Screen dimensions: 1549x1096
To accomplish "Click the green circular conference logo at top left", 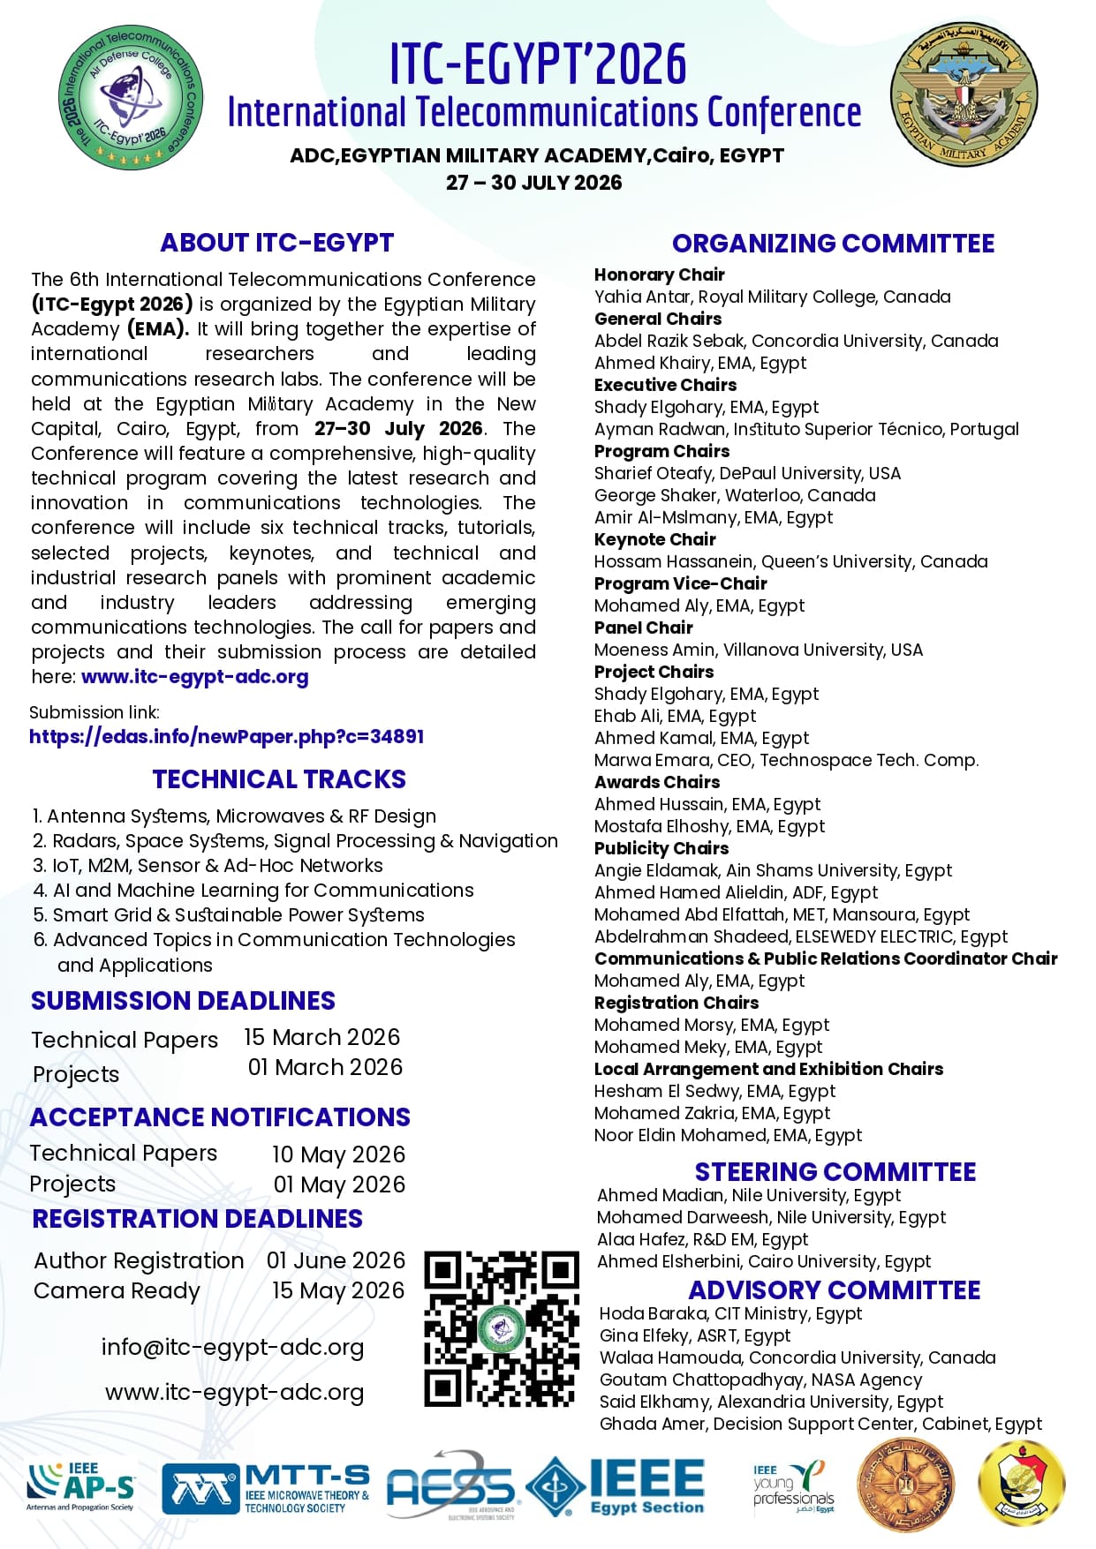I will [131, 97].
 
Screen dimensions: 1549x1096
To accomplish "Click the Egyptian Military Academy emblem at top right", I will [964, 95].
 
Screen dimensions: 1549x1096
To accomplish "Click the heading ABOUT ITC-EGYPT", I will [276, 243].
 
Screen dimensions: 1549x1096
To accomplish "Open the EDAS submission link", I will [227, 736].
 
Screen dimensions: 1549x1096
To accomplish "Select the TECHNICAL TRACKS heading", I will [279, 779].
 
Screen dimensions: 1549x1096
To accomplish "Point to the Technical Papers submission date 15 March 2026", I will [322, 1037].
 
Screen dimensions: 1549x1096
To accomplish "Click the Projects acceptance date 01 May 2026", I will [339, 1184].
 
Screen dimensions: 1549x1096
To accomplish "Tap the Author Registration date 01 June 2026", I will [336, 1260].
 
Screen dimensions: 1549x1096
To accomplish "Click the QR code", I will [502, 1327].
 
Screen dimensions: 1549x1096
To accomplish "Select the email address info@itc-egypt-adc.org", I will [232, 1348].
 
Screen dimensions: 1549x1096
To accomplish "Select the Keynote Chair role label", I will [654, 539].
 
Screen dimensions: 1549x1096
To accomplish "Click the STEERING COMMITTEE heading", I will [835, 1172].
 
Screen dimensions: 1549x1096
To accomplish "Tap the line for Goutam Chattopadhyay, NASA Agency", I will [760, 1380].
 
